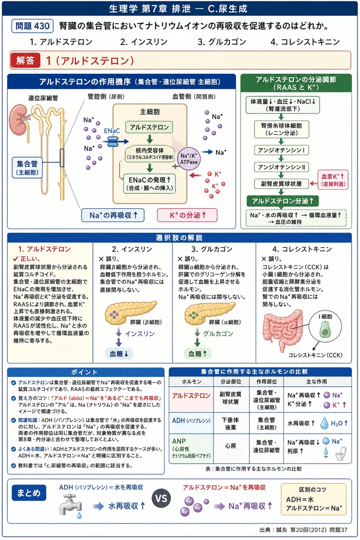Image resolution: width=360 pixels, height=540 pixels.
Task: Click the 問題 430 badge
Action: point(32,26)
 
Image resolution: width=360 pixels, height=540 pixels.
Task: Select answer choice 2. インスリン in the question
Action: point(144,42)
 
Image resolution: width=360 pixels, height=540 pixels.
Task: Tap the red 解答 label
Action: point(25,60)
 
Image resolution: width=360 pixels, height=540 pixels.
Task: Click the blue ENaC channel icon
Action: point(113,141)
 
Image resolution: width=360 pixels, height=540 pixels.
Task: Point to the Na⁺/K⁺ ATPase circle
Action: point(189,159)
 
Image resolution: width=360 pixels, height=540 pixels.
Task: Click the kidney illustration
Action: point(19,120)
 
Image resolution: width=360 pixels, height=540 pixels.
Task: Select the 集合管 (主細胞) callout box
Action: point(27,168)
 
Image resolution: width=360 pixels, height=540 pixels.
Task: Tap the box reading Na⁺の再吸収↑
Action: point(113,215)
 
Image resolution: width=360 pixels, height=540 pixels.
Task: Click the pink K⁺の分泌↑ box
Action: point(187,215)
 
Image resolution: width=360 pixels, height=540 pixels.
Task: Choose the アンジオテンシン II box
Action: point(282,167)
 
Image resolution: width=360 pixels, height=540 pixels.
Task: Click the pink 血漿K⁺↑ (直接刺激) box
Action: point(333,180)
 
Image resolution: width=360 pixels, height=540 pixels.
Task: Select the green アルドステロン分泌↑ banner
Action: point(282,201)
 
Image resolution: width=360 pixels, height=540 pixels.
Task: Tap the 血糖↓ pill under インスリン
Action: point(119,354)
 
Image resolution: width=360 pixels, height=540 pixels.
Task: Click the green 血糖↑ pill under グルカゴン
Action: point(198,354)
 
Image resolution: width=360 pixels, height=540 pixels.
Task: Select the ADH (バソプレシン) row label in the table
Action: point(191,421)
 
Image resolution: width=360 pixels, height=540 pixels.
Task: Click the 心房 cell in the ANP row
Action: point(231,446)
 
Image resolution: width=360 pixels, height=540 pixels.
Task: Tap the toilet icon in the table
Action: point(341,453)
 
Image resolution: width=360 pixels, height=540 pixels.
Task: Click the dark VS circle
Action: point(161,499)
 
